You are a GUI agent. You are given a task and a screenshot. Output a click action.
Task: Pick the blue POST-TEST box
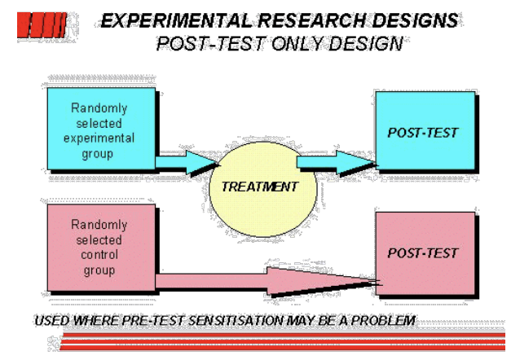click(424, 133)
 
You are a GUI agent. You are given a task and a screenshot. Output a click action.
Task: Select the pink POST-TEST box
click(424, 252)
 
